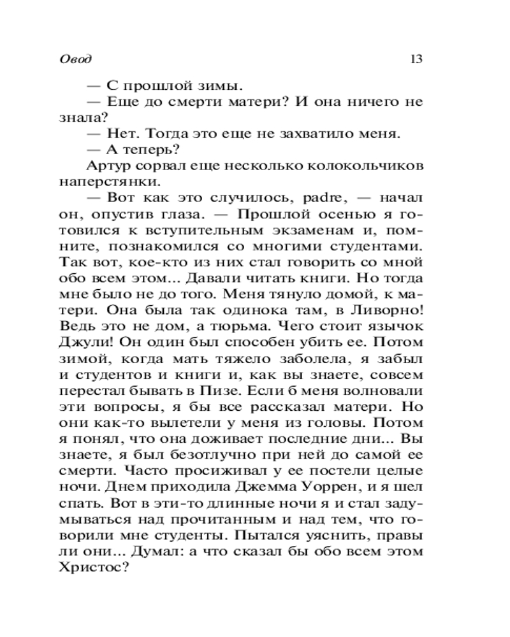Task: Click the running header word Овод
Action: coord(76,59)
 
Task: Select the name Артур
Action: coord(104,166)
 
